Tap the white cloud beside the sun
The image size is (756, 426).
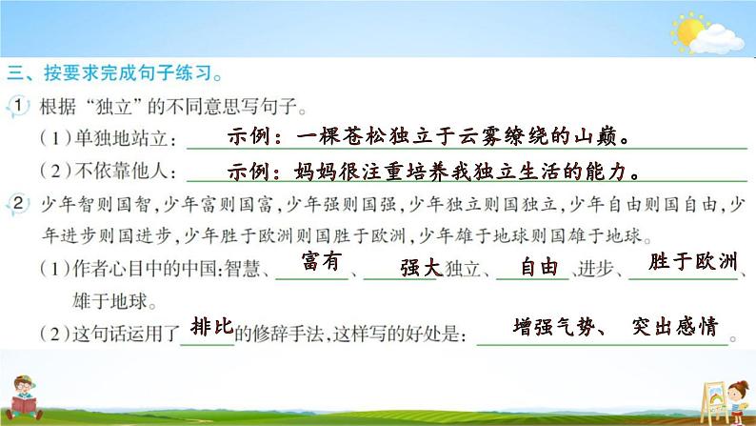(716, 40)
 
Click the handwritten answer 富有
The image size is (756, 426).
(322, 261)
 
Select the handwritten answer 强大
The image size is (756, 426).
(422, 268)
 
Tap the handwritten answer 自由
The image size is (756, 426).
(539, 267)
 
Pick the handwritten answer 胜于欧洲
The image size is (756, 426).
(693, 261)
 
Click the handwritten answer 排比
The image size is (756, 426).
(211, 327)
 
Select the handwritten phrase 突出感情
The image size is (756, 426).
(675, 327)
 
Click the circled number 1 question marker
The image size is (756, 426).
(17, 106)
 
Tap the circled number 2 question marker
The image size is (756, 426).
(17, 204)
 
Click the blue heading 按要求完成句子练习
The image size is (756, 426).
(128, 72)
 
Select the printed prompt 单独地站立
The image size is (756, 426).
(121, 139)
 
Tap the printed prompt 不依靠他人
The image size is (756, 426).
(121, 171)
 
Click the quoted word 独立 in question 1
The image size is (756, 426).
(114, 107)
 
